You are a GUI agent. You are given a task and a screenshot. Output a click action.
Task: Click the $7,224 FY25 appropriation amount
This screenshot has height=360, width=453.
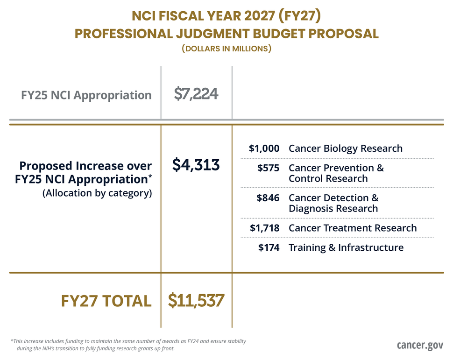pyautogui.click(x=196, y=95)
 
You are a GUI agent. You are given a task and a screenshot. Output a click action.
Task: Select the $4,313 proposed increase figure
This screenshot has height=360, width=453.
pyautogui.click(x=196, y=164)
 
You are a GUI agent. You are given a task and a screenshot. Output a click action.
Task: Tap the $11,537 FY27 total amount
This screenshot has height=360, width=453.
pyautogui.click(x=196, y=300)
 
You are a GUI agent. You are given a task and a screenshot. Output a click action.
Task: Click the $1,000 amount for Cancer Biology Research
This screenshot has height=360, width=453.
pyautogui.click(x=264, y=148)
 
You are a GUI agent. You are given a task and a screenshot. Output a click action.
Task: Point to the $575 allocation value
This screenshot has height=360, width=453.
pyautogui.click(x=269, y=168)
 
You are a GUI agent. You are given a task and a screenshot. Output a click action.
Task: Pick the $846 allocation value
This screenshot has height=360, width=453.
pyautogui.click(x=268, y=198)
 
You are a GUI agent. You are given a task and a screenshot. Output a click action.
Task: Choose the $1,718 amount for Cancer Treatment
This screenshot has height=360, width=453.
pyautogui.click(x=264, y=228)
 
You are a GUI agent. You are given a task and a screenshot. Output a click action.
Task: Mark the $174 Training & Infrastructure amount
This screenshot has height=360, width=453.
pyautogui.click(x=269, y=247)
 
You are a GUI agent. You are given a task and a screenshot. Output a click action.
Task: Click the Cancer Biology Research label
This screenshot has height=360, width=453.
pyautogui.click(x=346, y=148)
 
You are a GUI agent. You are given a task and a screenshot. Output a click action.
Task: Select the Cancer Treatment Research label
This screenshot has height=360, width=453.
pyautogui.click(x=353, y=228)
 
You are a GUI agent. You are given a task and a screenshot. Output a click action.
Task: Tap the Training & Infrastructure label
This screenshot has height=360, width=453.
pyautogui.click(x=346, y=247)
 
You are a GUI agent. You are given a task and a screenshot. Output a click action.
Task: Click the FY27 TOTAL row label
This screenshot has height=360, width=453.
pyautogui.click(x=106, y=301)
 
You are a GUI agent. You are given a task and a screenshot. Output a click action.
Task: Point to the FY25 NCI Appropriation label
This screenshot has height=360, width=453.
pyautogui.click(x=86, y=95)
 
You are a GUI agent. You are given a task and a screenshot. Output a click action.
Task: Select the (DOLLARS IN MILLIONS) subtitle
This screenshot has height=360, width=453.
pyautogui.click(x=226, y=49)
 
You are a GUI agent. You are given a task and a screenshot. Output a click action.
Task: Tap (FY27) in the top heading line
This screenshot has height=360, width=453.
pyautogui.click(x=297, y=16)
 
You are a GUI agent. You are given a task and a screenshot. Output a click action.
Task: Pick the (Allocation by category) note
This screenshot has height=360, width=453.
pyautogui.click(x=97, y=193)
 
